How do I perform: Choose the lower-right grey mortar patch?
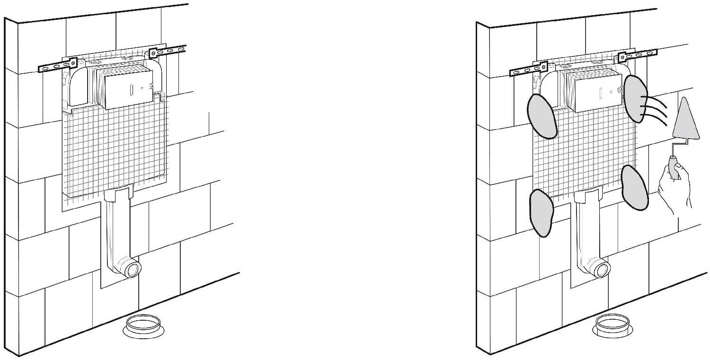[635, 188]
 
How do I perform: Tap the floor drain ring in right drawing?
[613, 325]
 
